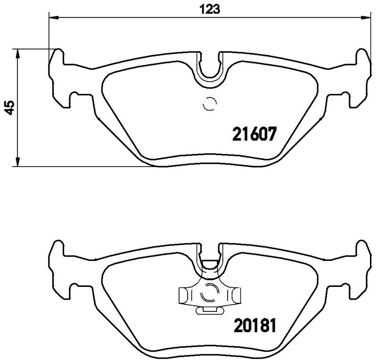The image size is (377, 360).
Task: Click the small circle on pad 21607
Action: [209, 104]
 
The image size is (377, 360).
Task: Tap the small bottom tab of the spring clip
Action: [209, 310]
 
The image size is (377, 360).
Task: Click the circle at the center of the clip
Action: [209, 294]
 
